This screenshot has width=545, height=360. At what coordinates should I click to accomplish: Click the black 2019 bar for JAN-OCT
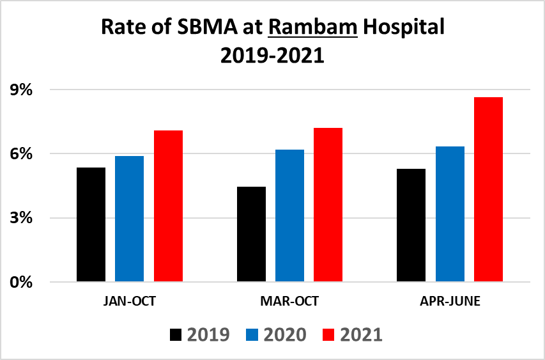click(x=91, y=224)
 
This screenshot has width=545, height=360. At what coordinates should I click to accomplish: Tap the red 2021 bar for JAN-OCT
click(x=168, y=206)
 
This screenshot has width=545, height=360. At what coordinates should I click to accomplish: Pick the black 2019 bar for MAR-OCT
click(x=251, y=234)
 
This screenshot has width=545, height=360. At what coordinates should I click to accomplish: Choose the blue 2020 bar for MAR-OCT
click(x=289, y=215)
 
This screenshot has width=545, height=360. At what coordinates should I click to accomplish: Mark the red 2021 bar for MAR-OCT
click(x=328, y=205)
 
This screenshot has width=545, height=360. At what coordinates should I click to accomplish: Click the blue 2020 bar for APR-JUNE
click(x=450, y=214)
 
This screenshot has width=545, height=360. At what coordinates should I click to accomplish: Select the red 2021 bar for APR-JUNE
click(x=488, y=189)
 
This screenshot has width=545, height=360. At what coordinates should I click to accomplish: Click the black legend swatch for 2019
click(x=176, y=334)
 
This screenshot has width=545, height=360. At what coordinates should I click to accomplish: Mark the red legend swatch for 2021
click(x=330, y=334)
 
